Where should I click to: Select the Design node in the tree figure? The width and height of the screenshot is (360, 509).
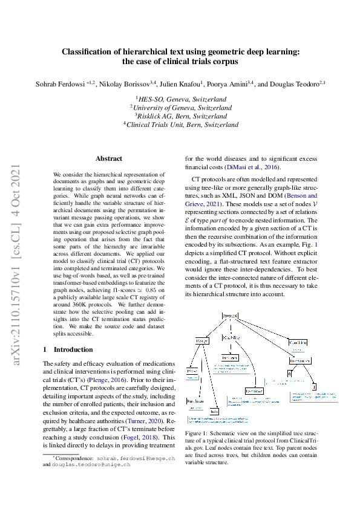point(201,342)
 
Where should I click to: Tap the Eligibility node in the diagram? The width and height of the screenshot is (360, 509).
point(229,337)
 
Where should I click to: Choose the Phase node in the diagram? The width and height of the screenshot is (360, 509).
point(192,370)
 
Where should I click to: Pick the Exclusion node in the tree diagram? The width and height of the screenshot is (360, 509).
point(254,392)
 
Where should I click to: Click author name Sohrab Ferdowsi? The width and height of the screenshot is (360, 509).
point(67,83)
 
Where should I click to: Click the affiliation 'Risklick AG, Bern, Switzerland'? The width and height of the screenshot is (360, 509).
point(182,115)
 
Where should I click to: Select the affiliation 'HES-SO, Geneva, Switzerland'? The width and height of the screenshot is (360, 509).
point(182,99)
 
